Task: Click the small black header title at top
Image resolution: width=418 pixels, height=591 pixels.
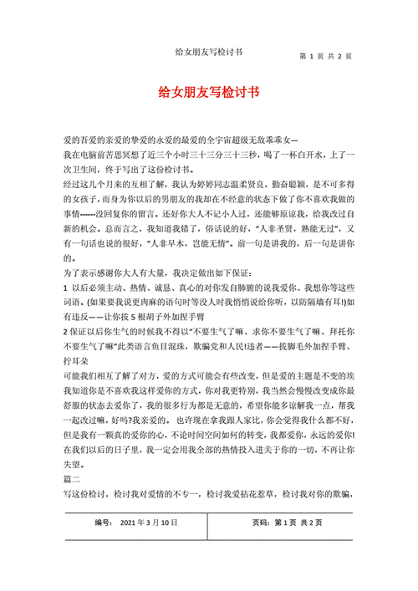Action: coord(209,51)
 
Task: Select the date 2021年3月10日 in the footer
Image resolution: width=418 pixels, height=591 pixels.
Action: coord(150,522)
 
